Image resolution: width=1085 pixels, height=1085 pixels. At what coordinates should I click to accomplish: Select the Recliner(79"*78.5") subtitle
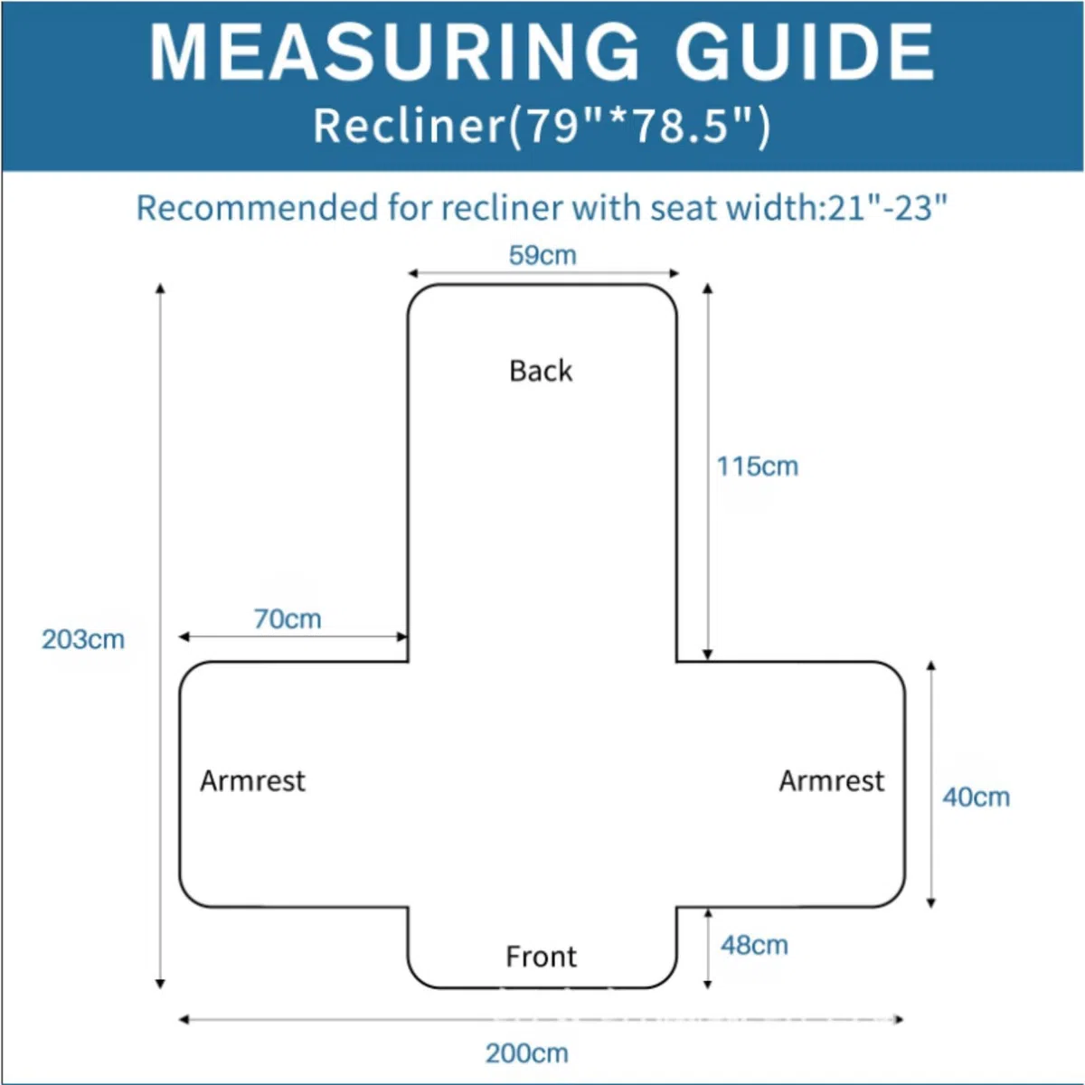(x=542, y=126)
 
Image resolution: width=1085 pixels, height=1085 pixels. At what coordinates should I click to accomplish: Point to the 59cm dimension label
(x=542, y=255)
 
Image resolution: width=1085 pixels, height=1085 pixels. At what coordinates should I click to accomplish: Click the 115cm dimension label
(x=758, y=467)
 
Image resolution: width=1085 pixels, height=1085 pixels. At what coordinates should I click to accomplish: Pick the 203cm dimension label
(x=83, y=639)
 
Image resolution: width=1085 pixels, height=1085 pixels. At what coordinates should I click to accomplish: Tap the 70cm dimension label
(x=288, y=618)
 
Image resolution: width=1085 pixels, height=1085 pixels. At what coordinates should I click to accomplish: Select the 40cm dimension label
(x=976, y=797)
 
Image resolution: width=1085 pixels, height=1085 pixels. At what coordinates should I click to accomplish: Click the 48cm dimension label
(x=754, y=946)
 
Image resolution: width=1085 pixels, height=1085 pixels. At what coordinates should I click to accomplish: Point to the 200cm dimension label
(x=527, y=1053)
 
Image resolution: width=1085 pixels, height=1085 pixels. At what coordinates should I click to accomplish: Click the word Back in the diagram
(x=541, y=371)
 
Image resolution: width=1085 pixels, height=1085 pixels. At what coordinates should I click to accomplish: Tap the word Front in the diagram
(x=541, y=957)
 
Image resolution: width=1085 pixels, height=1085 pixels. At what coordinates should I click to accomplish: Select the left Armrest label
(x=253, y=781)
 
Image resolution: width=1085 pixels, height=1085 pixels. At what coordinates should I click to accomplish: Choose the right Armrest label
(x=832, y=781)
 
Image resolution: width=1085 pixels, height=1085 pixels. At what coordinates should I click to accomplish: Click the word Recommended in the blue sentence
(x=258, y=208)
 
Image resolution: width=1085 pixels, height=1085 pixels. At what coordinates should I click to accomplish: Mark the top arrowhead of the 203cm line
(x=160, y=288)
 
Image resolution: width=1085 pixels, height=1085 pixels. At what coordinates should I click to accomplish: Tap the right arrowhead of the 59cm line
(x=674, y=274)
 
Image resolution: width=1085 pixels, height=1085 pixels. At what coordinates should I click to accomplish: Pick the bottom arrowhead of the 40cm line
(x=931, y=902)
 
